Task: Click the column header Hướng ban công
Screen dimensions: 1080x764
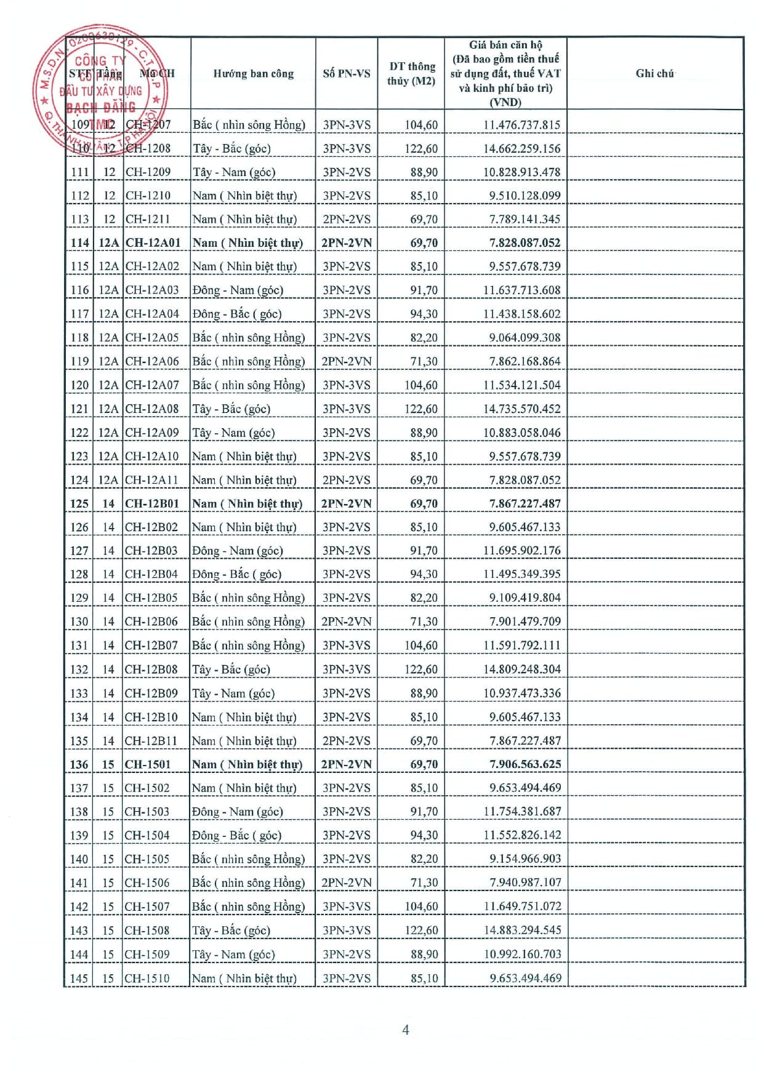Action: coord(253,74)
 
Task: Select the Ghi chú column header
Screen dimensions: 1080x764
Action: coord(654,74)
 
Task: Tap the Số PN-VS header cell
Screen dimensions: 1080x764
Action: coord(347,74)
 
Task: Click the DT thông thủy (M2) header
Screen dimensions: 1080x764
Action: coord(411,74)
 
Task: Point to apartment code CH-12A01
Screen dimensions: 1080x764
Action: coord(153,242)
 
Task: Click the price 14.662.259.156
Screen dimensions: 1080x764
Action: coord(521,148)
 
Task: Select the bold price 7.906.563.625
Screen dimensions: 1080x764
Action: coord(525,764)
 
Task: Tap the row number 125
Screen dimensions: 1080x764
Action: coord(79,503)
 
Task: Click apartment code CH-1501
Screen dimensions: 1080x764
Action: coord(147,764)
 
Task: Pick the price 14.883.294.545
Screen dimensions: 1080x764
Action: coord(522,930)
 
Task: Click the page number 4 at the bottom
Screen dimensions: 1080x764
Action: coord(405,1030)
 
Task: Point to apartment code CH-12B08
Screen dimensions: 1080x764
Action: coord(151,670)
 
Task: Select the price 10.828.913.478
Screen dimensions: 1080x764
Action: coord(521,172)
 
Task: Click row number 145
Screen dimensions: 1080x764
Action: coord(79,978)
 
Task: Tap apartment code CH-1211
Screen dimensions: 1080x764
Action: coord(148,219)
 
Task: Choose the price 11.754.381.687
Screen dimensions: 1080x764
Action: coord(522,812)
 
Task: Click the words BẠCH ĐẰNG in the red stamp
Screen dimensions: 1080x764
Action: coord(101,108)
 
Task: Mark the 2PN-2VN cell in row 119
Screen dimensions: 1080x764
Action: coord(347,361)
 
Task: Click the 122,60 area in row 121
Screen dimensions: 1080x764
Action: coord(421,409)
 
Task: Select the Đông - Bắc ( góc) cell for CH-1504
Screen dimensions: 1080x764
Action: coord(236,835)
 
